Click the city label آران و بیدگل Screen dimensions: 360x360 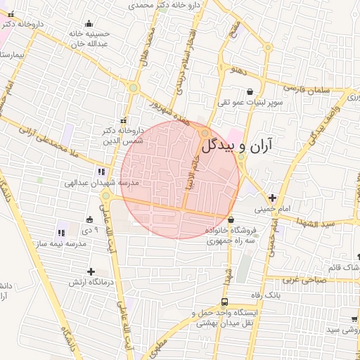[x=240, y=146]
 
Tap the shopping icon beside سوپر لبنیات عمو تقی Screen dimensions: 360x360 [x=250, y=91]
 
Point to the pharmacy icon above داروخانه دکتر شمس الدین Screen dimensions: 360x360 [x=124, y=120]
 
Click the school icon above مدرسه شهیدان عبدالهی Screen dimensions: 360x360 [x=102, y=171]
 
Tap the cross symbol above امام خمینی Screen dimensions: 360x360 [x=273, y=198]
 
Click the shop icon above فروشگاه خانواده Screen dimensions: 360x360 [x=231, y=220]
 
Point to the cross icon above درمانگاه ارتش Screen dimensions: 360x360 [x=91, y=271]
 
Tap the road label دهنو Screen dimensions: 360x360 [x=237, y=70]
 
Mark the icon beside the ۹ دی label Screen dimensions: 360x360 [x=89, y=219]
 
